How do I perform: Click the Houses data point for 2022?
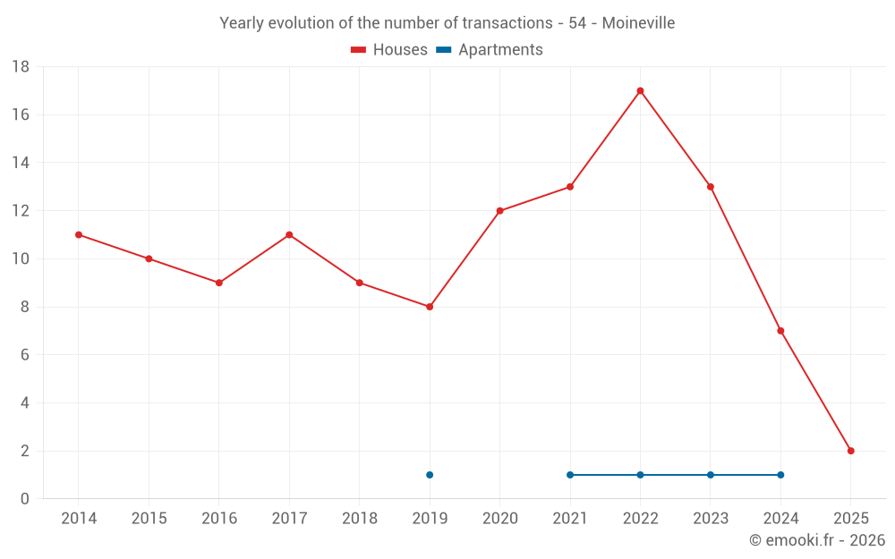click(640, 90)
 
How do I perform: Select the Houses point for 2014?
click(79, 234)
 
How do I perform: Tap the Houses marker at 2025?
click(850, 451)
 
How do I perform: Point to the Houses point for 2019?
click(430, 307)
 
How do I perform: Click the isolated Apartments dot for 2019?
click(430, 475)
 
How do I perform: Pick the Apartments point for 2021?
click(570, 475)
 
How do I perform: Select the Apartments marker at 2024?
click(780, 475)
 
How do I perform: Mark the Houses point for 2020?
click(499, 211)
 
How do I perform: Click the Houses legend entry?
click(389, 50)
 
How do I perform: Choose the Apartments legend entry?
click(490, 50)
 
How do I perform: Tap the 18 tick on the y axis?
click(21, 67)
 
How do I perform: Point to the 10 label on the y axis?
click(21, 259)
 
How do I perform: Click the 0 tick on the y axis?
click(25, 499)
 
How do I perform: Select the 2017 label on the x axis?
click(289, 519)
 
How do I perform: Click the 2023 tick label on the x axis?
click(711, 519)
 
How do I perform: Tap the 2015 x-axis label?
click(149, 519)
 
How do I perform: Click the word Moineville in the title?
click(638, 22)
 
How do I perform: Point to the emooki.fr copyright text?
click(816, 540)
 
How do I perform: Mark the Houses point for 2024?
click(780, 331)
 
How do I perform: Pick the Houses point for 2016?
click(219, 283)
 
